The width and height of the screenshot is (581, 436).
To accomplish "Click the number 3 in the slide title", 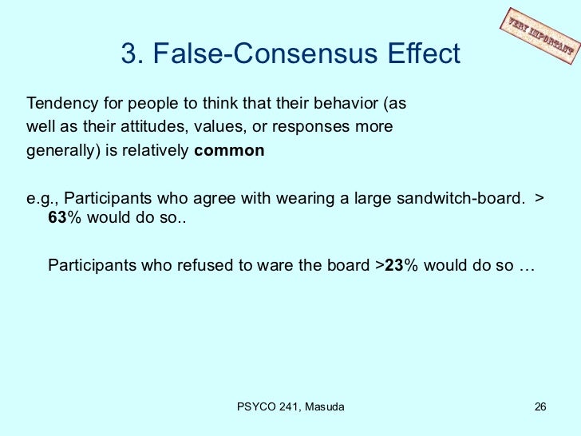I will coord(128,54).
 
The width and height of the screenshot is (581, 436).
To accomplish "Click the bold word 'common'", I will coord(229,150).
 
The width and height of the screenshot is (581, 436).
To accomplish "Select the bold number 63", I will coord(57,220).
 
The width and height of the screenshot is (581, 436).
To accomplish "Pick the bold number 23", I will coord(393,266).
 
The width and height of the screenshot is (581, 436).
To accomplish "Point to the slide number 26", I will coord(539,407).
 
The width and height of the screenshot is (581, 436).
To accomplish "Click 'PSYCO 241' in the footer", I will coord(267,407).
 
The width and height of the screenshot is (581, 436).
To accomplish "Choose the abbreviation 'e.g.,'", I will coord(41,197).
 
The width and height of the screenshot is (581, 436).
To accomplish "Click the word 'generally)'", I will coord(61,150).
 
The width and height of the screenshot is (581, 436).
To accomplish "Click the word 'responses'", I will coord(329,127).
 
